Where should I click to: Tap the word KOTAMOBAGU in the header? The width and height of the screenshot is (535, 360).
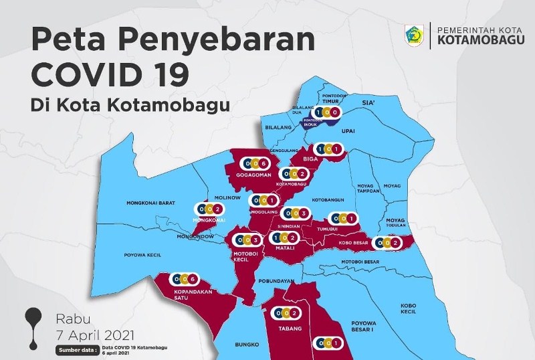[477, 39]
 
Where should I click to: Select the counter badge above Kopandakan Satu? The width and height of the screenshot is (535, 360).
[184, 278]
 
